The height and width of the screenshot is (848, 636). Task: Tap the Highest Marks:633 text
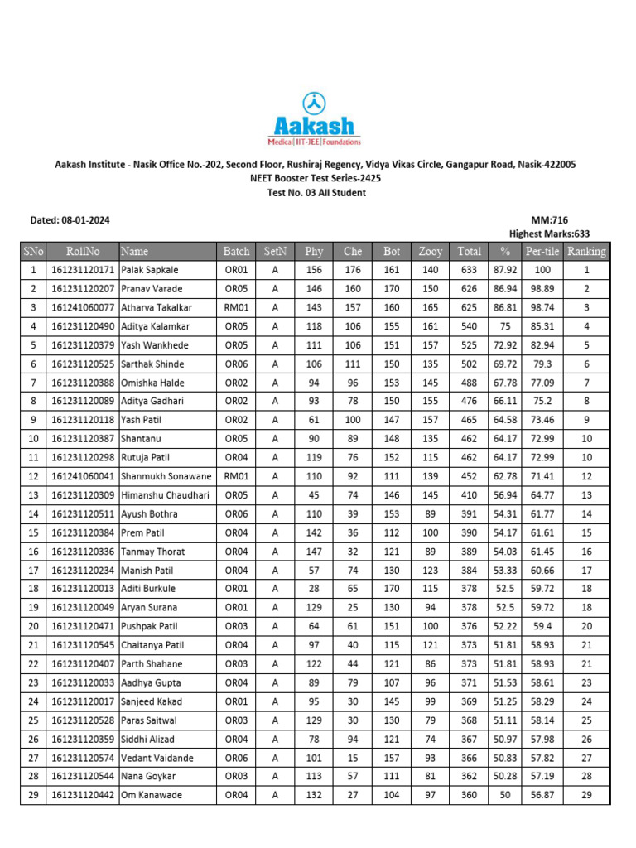click(x=549, y=234)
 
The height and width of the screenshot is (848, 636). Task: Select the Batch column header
click(x=236, y=251)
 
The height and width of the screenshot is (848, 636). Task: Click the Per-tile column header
click(x=542, y=251)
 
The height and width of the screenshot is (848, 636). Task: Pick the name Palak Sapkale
click(x=150, y=270)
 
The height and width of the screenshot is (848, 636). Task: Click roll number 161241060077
click(x=83, y=307)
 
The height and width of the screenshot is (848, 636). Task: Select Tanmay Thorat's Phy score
click(x=314, y=552)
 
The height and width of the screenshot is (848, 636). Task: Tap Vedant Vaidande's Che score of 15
click(x=353, y=758)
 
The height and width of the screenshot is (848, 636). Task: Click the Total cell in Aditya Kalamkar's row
click(x=470, y=326)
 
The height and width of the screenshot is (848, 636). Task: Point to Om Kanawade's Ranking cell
click(x=586, y=795)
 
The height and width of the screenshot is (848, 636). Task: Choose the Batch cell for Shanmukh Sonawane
click(x=236, y=476)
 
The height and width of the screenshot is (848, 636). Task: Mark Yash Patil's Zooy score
click(x=430, y=420)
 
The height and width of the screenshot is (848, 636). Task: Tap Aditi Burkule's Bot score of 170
click(x=392, y=589)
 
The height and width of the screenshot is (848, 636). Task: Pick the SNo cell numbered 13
click(x=33, y=495)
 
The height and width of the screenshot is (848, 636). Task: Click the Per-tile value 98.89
click(x=542, y=289)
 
